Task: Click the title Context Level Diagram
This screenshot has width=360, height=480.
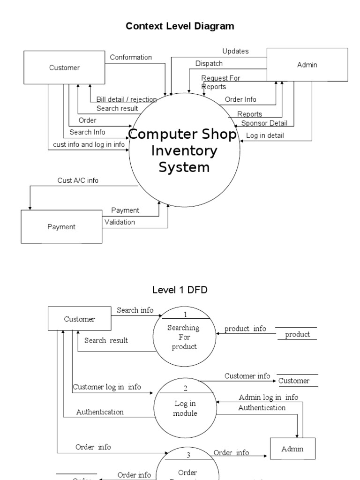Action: [180, 26]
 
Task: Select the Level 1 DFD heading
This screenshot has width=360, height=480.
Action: [180, 290]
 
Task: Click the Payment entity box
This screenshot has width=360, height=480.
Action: [61, 226]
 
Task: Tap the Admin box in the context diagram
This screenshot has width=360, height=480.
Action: [307, 65]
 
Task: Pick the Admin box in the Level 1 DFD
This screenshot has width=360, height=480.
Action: [292, 449]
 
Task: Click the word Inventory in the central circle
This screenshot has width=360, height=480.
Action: [184, 151]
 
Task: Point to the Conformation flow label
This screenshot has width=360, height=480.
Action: [131, 57]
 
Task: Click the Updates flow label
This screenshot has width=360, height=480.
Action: [235, 51]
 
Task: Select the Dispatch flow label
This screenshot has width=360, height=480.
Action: [209, 63]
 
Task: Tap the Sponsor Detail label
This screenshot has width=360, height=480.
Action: [264, 123]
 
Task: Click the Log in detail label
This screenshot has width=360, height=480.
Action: [265, 136]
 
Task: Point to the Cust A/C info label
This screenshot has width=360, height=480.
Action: [78, 180]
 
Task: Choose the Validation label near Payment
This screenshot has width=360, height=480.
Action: [120, 222]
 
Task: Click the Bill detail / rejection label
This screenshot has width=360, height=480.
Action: [127, 99]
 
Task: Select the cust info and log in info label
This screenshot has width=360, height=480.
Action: [89, 144]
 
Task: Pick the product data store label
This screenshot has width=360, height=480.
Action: [298, 334]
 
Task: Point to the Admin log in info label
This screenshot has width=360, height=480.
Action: [268, 397]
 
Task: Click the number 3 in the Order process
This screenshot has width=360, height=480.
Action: [188, 455]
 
